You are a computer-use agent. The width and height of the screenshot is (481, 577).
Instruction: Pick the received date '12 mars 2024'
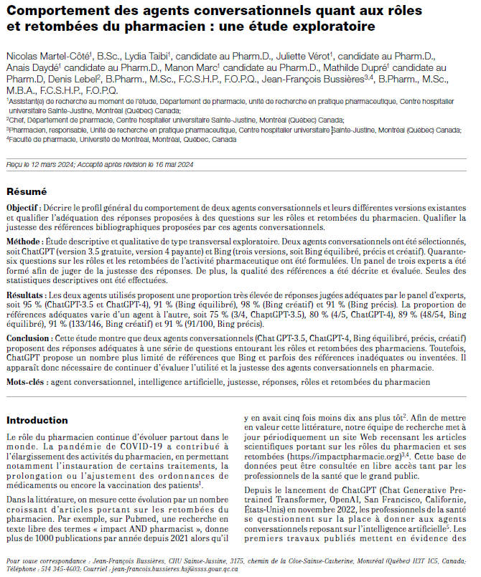[x=48, y=164]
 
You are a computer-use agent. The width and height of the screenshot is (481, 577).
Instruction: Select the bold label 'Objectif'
[x=24, y=207]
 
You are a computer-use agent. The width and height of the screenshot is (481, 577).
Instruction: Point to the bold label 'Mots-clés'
[x=27, y=383]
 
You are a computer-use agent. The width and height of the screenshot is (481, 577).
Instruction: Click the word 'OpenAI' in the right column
[x=342, y=499]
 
